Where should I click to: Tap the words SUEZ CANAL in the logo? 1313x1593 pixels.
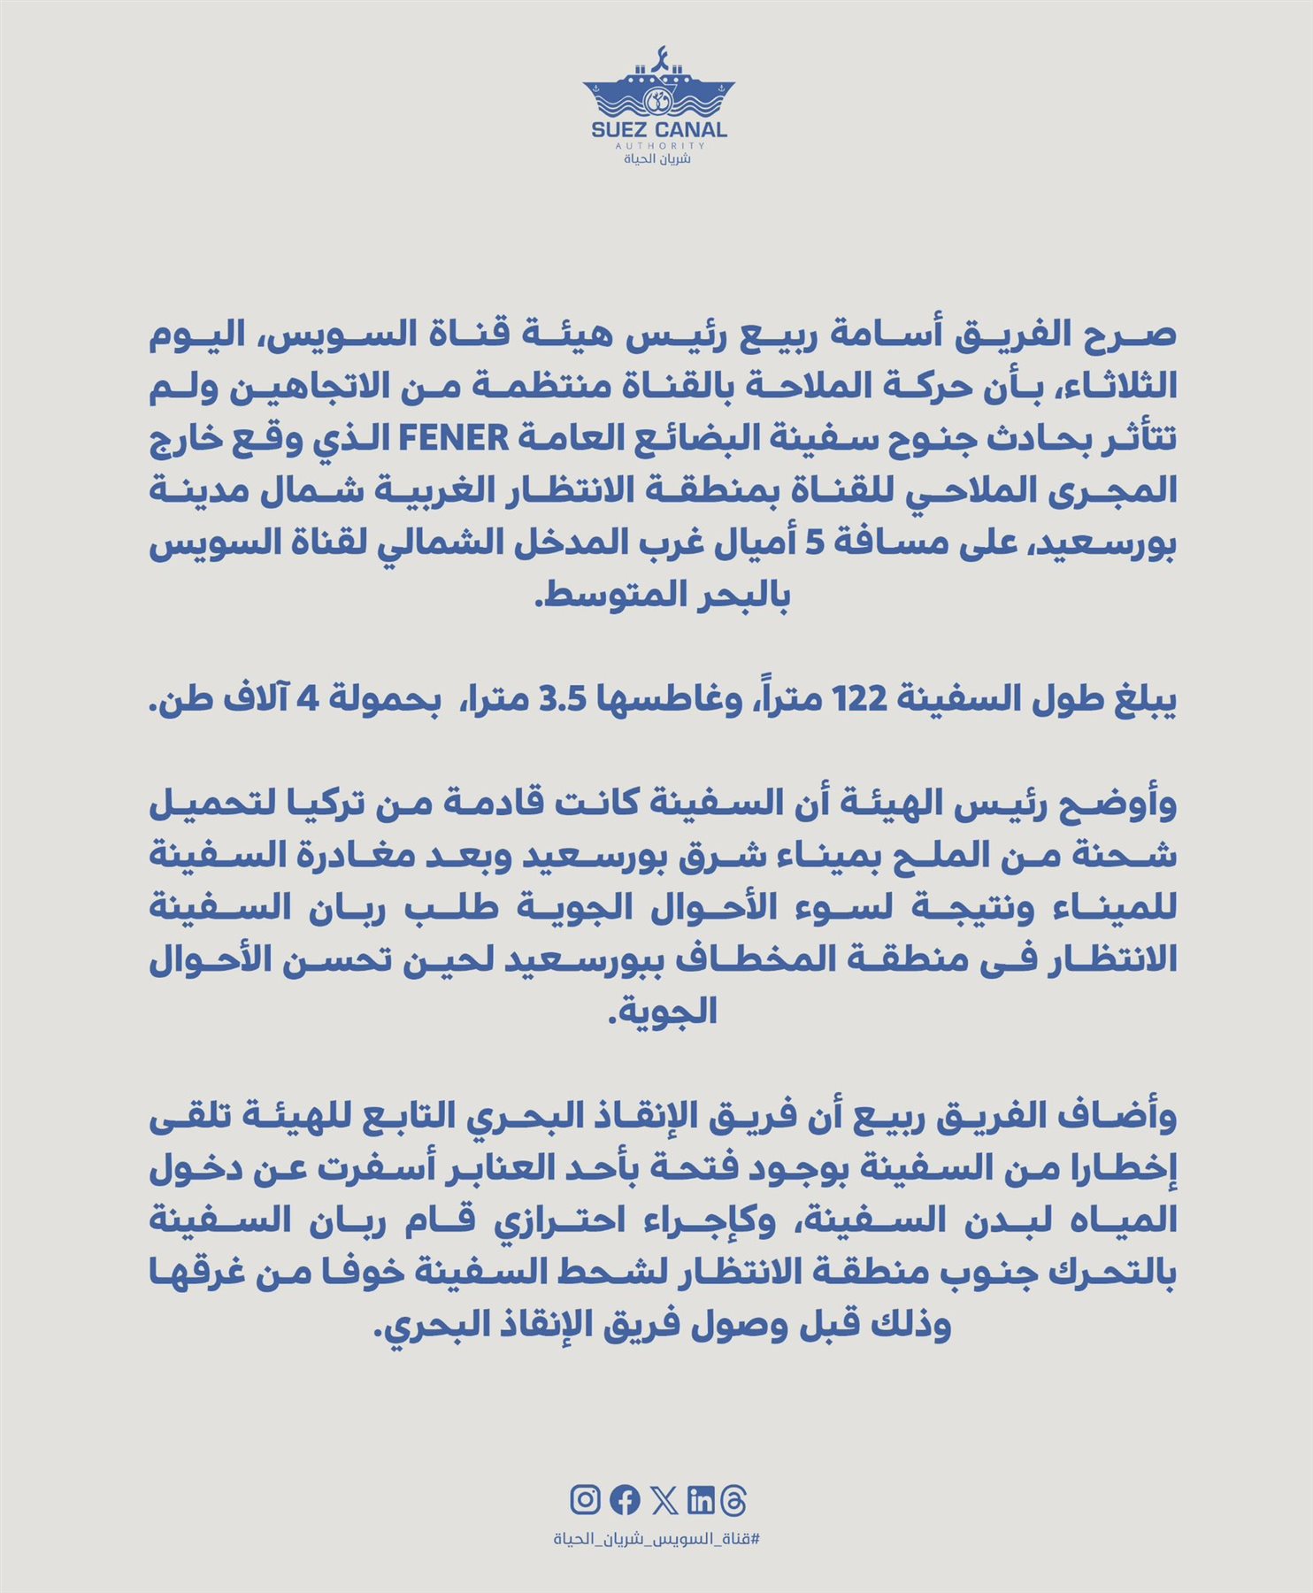[x=658, y=129]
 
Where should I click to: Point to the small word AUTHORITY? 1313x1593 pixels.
[x=658, y=145]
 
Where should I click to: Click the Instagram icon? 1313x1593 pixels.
[x=585, y=1500]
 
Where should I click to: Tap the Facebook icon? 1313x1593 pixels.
[x=625, y=1500]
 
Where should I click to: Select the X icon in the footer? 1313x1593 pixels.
[x=664, y=1500]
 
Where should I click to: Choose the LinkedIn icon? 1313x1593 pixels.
[x=700, y=1500]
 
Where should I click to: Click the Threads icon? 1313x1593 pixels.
[x=734, y=1500]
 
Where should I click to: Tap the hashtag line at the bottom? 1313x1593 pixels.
[x=656, y=1539]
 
